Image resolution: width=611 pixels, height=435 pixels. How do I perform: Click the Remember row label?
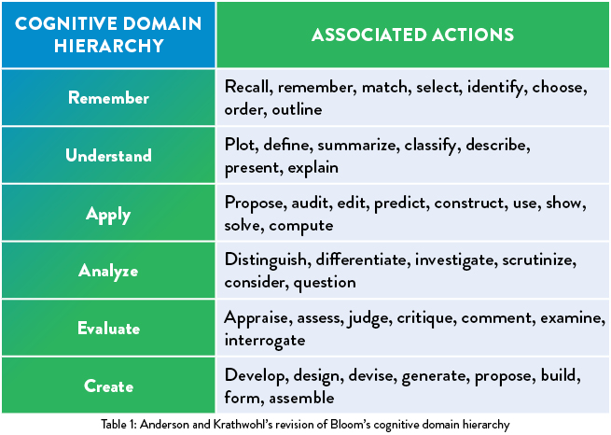click(108, 97)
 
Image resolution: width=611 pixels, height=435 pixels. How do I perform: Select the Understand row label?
click(108, 155)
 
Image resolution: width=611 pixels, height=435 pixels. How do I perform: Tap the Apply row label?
click(108, 215)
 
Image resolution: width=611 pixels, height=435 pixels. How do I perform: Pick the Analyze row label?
click(108, 271)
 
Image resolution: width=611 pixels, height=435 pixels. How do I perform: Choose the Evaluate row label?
click(108, 329)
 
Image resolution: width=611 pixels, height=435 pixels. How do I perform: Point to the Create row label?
click(108, 386)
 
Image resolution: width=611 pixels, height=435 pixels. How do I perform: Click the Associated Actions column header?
click(412, 35)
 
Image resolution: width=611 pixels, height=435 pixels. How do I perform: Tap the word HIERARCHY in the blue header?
click(109, 46)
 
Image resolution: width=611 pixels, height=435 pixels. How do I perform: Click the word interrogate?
click(265, 341)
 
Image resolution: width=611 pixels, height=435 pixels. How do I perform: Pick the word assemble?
click(301, 398)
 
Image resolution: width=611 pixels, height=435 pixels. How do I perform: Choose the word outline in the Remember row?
click(297, 109)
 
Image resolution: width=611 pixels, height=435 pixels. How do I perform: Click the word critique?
click(426, 318)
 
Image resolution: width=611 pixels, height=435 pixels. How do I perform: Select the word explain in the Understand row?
click(312, 168)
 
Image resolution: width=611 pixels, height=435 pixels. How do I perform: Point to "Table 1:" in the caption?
click(118, 424)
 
